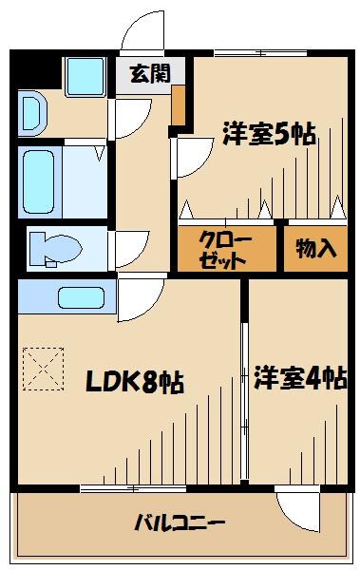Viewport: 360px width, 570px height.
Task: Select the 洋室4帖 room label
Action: [x=298, y=378]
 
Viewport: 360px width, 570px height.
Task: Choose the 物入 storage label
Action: [x=316, y=249]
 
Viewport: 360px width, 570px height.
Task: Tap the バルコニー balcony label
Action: [x=180, y=523]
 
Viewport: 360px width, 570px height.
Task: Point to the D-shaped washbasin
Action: [x=29, y=112]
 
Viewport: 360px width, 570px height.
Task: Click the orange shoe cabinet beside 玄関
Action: [x=179, y=107]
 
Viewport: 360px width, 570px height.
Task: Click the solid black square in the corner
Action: [x=36, y=72]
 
